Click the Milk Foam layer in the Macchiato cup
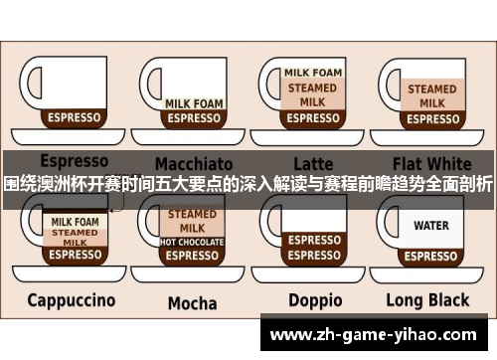[193, 102]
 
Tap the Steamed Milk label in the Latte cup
[313, 92]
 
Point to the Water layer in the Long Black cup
[431, 226]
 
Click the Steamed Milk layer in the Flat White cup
[431, 95]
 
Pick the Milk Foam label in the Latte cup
[313, 73]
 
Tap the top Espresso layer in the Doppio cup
[314, 240]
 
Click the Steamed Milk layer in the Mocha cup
[192, 221]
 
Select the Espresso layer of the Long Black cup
[431, 255]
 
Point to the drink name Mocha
[192, 302]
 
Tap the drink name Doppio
[314, 300]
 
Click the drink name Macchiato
[193, 163]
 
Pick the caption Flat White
[431, 162]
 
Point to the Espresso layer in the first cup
[75, 117]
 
